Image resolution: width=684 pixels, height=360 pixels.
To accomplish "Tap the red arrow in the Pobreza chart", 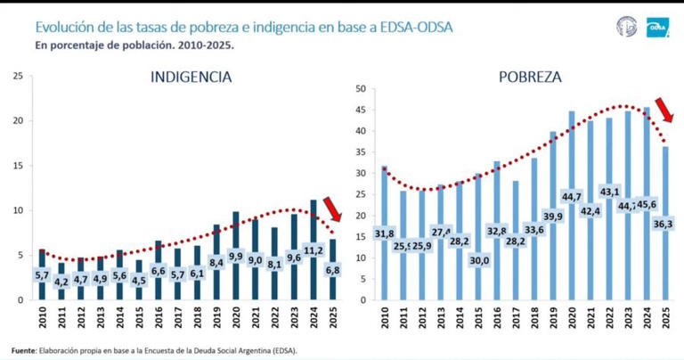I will coord(664,110).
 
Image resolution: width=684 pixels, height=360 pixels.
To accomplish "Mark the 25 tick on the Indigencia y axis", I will coord(18,76).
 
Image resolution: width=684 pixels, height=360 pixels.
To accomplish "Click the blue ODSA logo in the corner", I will coord(657,28).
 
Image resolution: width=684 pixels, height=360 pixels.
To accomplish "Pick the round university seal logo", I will coord(627,28).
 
